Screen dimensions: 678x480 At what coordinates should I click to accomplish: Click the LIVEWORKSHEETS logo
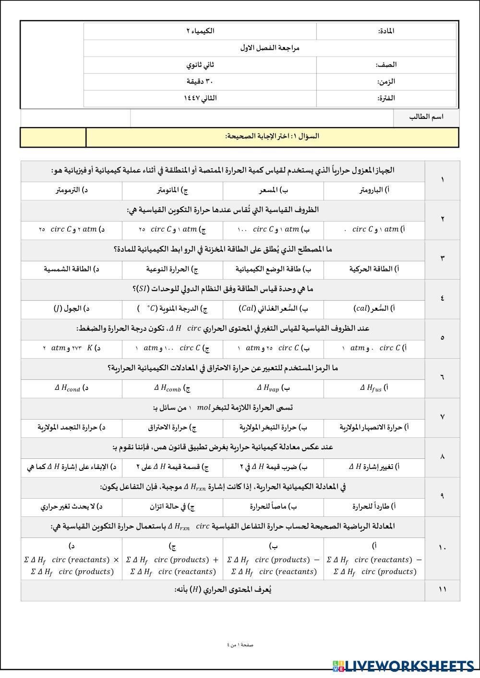(403, 666)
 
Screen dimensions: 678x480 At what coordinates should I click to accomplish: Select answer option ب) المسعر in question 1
(274, 190)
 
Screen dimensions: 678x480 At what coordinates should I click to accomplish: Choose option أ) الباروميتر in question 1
(374, 190)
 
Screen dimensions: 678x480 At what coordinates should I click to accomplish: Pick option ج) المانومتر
(172, 190)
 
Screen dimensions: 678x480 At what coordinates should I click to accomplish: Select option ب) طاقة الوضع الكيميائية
(274, 269)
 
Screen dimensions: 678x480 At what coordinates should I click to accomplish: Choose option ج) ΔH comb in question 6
(172, 388)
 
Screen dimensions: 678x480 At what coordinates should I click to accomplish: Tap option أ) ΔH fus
(374, 388)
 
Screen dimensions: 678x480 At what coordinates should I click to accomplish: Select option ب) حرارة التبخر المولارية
(274, 427)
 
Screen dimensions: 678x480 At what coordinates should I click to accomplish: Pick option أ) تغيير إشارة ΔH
(374, 467)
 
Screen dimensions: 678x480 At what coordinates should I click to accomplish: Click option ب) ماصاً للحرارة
(274, 506)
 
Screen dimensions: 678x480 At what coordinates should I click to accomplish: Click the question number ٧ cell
(442, 417)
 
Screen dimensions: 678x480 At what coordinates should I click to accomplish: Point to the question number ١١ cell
(442, 590)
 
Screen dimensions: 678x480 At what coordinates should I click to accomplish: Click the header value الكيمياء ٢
(200, 31)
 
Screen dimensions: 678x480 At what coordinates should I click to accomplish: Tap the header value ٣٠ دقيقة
(200, 82)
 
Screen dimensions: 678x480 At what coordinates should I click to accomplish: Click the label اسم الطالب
(426, 117)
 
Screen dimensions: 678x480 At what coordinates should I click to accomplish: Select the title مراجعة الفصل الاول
(270, 48)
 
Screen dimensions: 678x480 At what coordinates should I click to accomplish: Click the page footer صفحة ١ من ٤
(240, 645)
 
